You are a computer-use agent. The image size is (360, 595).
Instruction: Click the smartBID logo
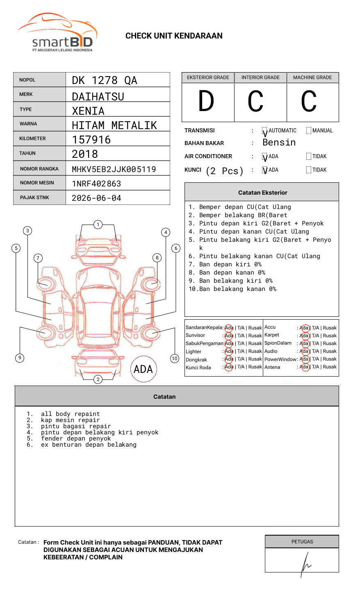click(x=57, y=33)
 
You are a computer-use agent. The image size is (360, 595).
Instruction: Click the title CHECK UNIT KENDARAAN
click(x=174, y=36)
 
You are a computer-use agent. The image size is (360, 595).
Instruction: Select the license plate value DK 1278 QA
click(x=105, y=80)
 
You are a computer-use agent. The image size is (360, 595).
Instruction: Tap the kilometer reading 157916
click(x=91, y=140)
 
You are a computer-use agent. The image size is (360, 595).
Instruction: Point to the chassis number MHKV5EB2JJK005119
click(x=114, y=169)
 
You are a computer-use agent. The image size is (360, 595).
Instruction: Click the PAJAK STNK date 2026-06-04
click(x=96, y=198)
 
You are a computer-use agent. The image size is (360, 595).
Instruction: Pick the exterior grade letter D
click(x=206, y=101)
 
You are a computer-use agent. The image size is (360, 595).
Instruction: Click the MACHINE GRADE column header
click(x=312, y=77)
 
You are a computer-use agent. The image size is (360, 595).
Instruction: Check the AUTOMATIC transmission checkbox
click(x=265, y=131)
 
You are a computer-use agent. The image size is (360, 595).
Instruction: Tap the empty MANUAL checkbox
click(x=309, y=131)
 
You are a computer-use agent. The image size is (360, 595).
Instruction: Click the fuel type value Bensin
click(x=279, y=143)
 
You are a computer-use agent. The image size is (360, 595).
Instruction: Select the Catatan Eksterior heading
click(x=262, y=193)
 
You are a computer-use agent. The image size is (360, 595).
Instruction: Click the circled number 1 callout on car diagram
click(x=98, y=224)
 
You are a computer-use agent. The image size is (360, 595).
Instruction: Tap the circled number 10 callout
click(x=175, y=359)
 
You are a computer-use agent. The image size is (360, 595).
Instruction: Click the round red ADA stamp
click(x=143, y=369)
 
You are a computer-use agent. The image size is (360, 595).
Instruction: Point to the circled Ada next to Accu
click(x=304, y=328)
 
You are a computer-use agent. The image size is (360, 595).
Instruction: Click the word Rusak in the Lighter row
click(x=255, y=351)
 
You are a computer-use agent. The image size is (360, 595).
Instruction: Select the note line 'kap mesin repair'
click(x=70, y=420)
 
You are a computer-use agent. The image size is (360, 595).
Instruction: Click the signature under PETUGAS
click(x=305, y=563)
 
